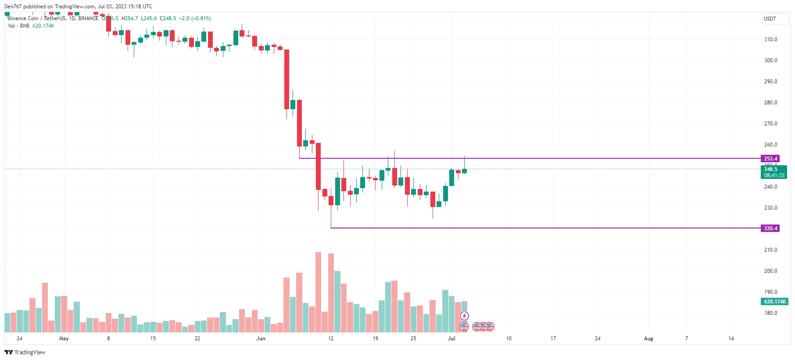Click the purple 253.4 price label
click(770, 159)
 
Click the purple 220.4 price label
click(770, 228)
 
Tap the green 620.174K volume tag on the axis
click(774, 302)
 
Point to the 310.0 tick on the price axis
click(770, 39)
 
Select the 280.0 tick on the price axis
click(770, 103)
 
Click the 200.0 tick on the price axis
click(770, 271)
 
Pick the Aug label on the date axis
click(648, 339)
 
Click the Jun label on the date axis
click(261, 339)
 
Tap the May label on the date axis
click(64, 339)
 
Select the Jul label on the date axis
click(451, 339)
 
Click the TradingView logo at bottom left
click(25, 352)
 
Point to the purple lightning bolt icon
click(464, 316)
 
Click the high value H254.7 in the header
click(130, 18)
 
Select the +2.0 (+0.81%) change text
click(195, 18)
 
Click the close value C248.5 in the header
click(168, 18)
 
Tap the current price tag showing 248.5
click(774, 172)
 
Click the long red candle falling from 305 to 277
click(286, 79)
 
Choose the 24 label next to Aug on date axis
click(598, 339)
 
